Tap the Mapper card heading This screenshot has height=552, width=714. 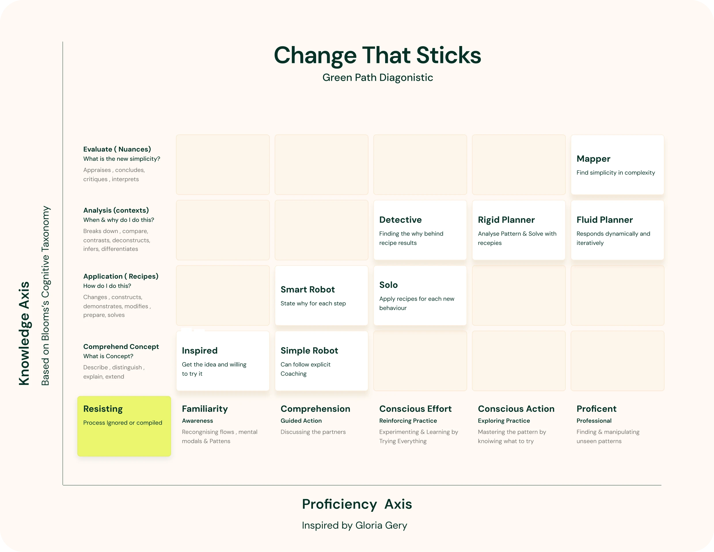tap(593, 159)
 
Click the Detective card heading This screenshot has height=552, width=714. tap(400, 220)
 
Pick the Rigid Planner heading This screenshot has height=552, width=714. tap(506, 220)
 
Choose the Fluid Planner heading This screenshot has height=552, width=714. tap(605, 220)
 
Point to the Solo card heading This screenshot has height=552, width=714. tap(388, 285)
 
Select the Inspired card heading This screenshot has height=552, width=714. tap(200, 350)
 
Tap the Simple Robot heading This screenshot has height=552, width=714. tap(309, 350)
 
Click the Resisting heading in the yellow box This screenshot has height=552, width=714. tap(103, 409)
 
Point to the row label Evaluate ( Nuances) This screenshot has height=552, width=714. tap(117, 149)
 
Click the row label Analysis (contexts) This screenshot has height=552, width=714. tap(116, 210)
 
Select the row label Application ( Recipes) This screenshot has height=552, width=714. tap(121, 276)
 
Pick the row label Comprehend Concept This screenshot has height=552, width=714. tap(121, 347)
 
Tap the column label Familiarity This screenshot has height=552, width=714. tap(205, 409)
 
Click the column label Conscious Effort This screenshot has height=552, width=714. tap(415, 409)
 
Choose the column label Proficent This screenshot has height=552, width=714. tap(596, 409)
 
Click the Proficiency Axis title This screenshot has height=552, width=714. tap(357, 504)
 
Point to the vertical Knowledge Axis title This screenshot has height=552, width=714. tap(24, 333)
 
